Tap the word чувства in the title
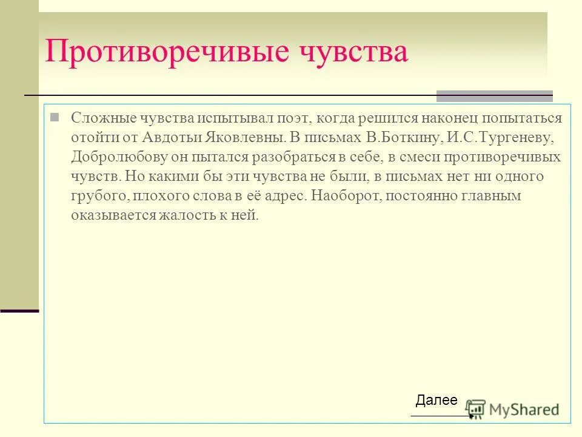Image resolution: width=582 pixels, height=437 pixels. click(353, 53)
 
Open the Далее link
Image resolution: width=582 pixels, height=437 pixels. click(436, 400)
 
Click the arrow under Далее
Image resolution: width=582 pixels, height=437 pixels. click(442, 416)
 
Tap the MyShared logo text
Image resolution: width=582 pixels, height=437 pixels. click(524, 409)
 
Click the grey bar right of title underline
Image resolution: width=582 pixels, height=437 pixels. click(495, 96)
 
